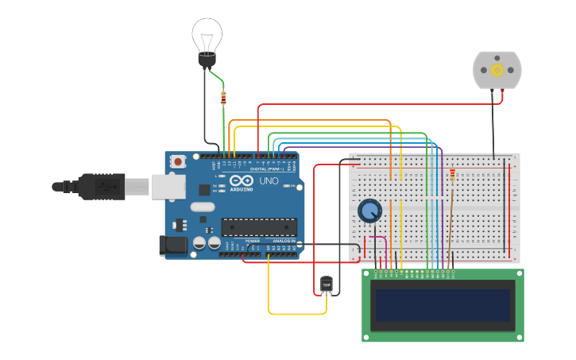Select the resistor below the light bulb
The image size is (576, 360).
223,99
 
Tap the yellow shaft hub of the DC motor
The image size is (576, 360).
497,70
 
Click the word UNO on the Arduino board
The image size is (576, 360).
269,181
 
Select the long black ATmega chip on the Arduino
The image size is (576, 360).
259,226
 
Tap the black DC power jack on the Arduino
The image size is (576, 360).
174,246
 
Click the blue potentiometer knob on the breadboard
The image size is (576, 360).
369,211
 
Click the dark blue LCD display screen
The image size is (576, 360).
443,305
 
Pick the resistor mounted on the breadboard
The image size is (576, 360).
453,176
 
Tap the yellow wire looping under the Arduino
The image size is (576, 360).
294,314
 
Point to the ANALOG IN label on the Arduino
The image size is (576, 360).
284,241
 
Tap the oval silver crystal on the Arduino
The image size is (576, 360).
203,207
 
